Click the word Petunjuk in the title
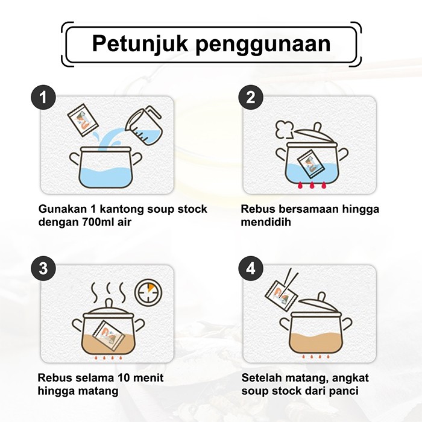tap(140, 43)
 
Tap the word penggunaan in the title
tap(263, 45)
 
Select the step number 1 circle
tap(43, 97)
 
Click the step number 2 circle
tap(251, 97)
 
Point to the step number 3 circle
tap(43, 268)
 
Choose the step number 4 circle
tap(251, 268)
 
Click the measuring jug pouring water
tap(145, 125)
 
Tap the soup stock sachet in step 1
tap(83, 119)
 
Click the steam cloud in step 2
tap(284, 129)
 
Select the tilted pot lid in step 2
tap(315, 134)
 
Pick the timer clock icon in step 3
tap(148, 291)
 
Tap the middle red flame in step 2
tap(312, 185)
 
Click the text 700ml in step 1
tap(93, 222)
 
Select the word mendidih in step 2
tap(266, 222)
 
